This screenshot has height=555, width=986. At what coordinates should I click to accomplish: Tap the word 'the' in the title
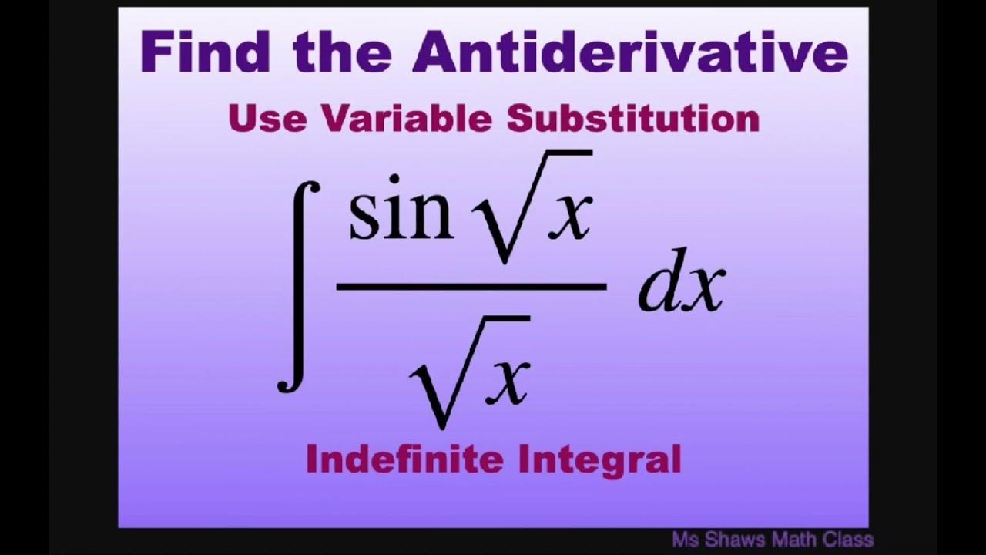(344, 52)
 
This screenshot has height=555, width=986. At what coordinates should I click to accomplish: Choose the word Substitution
(632, 119)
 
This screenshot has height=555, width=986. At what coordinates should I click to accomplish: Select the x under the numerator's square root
(567, 217)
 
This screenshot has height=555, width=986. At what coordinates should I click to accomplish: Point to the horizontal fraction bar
(471, 287)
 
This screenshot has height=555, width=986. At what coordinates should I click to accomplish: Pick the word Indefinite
(405, 459)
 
